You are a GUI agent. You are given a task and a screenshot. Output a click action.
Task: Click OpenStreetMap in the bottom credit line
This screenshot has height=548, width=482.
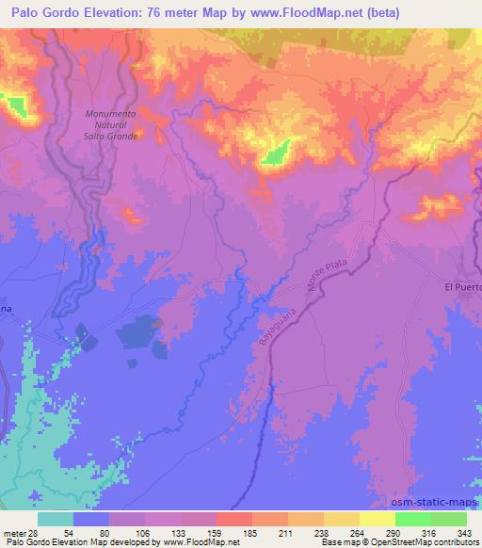coord(403,542)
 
